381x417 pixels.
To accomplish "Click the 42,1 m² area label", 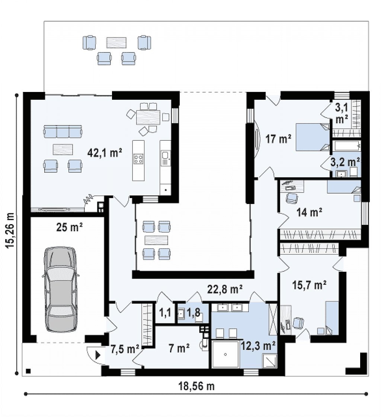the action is tap(105, 153).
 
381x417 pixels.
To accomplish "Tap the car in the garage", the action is tap(61, 289).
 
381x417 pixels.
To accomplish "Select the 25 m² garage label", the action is tap(69, 227).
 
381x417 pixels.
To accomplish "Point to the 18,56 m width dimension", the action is tap(196, 386).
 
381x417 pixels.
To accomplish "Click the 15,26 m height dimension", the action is tap(10, 230).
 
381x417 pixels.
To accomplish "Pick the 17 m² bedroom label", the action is tap(278, 139).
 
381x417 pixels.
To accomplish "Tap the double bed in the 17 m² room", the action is tap(313, 137).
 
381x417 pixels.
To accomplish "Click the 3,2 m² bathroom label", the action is tap(345, 162).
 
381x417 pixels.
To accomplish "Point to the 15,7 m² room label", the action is tap(309, 285).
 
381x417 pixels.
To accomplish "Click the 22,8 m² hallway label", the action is tap(224, 289).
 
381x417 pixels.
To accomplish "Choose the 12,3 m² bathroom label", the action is tap(258, 346).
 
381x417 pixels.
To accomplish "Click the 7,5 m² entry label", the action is tap(125, 349).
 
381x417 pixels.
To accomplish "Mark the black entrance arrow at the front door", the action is tap(98, 355).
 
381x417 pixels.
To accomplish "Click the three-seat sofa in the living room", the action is tap(63, 131).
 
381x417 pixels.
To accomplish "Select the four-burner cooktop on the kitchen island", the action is tap(138, 159).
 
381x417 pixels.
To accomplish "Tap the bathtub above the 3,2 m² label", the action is tap(346, 146).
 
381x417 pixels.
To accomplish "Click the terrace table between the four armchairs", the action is tap(116, 42).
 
